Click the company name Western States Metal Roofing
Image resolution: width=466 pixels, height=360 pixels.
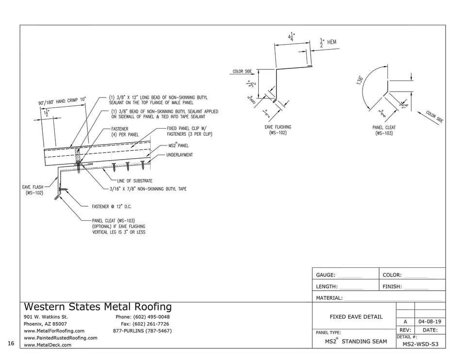coord(98,307)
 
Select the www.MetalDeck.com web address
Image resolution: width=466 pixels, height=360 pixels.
coord(47,345)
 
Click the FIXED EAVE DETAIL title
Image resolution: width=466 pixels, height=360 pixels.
coord(356,317)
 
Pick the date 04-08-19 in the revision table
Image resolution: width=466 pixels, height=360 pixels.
coord(430,322)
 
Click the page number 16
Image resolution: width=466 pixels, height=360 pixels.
coord(11,344)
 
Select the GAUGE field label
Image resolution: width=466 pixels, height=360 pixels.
coord(325,275)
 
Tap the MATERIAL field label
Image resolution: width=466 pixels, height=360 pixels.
coord(329,298)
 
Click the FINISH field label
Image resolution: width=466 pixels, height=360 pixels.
coord(392,287)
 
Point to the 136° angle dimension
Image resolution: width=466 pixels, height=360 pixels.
coord(360,80)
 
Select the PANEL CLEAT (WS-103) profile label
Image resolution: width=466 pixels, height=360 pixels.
coord(383,130)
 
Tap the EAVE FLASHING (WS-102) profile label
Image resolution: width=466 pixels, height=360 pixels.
coord(278,130)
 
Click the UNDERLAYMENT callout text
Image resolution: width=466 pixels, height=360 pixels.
coord(179,155)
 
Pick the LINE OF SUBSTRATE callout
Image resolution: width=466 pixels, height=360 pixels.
coord(134,181)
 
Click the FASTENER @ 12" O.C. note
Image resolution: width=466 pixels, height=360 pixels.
coord(115,206)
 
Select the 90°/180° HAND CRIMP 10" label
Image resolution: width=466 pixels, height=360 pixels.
coord(62,101)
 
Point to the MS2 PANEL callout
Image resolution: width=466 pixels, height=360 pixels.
coord(179,145)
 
